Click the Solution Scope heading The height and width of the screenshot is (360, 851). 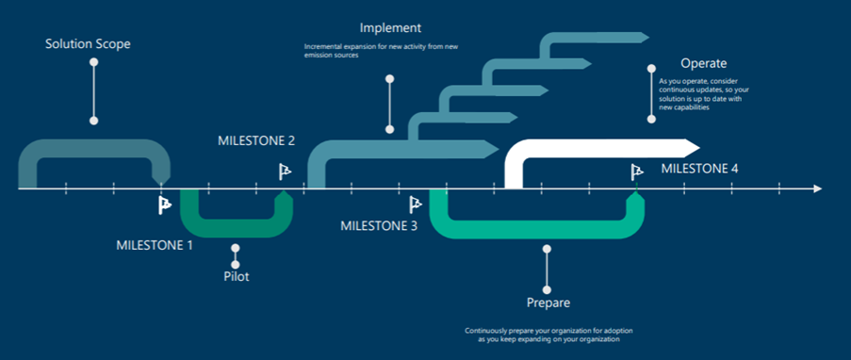point(88,44)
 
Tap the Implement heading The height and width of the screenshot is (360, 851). point(390,27)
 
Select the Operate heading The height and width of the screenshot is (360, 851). point(704,63)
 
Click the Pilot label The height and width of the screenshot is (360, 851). point(237,276)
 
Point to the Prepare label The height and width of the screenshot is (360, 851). point(548,303)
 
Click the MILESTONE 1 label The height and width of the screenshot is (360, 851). point(155,245)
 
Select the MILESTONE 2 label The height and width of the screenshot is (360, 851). point(256,140)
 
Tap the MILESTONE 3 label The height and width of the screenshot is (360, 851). point(379,226)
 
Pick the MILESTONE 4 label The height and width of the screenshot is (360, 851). point(699,169)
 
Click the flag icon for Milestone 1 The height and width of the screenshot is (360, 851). point(165,205)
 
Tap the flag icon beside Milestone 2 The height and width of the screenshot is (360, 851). point(285,172)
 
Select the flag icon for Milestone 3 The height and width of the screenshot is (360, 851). point(416,205)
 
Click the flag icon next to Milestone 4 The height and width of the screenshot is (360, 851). point(637,172)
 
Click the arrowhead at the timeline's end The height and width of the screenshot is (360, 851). point(818,188)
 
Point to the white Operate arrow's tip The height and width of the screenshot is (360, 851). point(699,147)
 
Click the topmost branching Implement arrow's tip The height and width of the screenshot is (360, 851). point(648,37)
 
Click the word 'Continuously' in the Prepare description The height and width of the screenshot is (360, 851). point(482,330)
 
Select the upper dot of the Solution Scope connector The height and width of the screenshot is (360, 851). point(94,62)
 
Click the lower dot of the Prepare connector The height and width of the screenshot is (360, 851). point(547,290)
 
